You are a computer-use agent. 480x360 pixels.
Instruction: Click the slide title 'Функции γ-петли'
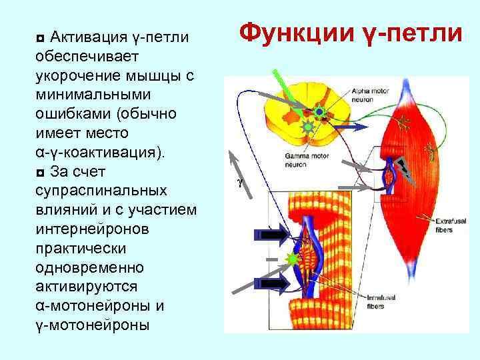click(349, 31)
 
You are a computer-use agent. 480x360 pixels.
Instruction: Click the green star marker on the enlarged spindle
click(291, 259)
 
